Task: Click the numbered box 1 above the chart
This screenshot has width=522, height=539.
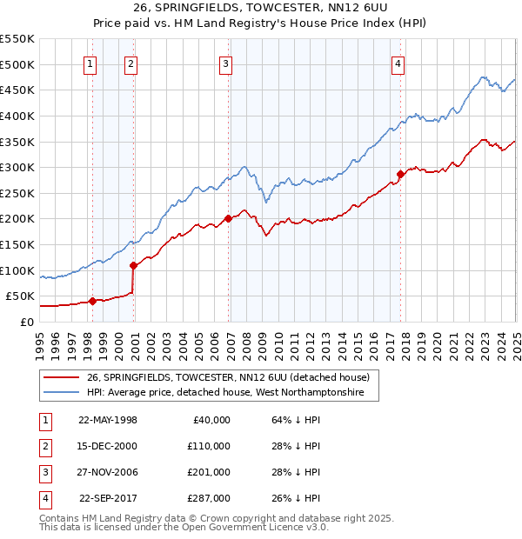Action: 91,63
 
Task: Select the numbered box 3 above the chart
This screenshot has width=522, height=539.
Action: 225,63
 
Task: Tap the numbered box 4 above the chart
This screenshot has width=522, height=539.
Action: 397,63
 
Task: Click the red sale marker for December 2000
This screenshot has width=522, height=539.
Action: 133,265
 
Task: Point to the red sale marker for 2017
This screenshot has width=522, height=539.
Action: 400,174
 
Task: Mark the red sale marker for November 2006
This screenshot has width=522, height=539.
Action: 228,218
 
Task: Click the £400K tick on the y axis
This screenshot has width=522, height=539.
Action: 17,116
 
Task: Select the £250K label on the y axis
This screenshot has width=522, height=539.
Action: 17,193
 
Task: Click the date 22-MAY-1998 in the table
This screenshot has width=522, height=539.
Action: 108,420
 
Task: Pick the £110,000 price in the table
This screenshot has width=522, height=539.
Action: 210,446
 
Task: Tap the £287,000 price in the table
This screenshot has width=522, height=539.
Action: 210,498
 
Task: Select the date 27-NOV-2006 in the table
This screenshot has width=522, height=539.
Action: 108,472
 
